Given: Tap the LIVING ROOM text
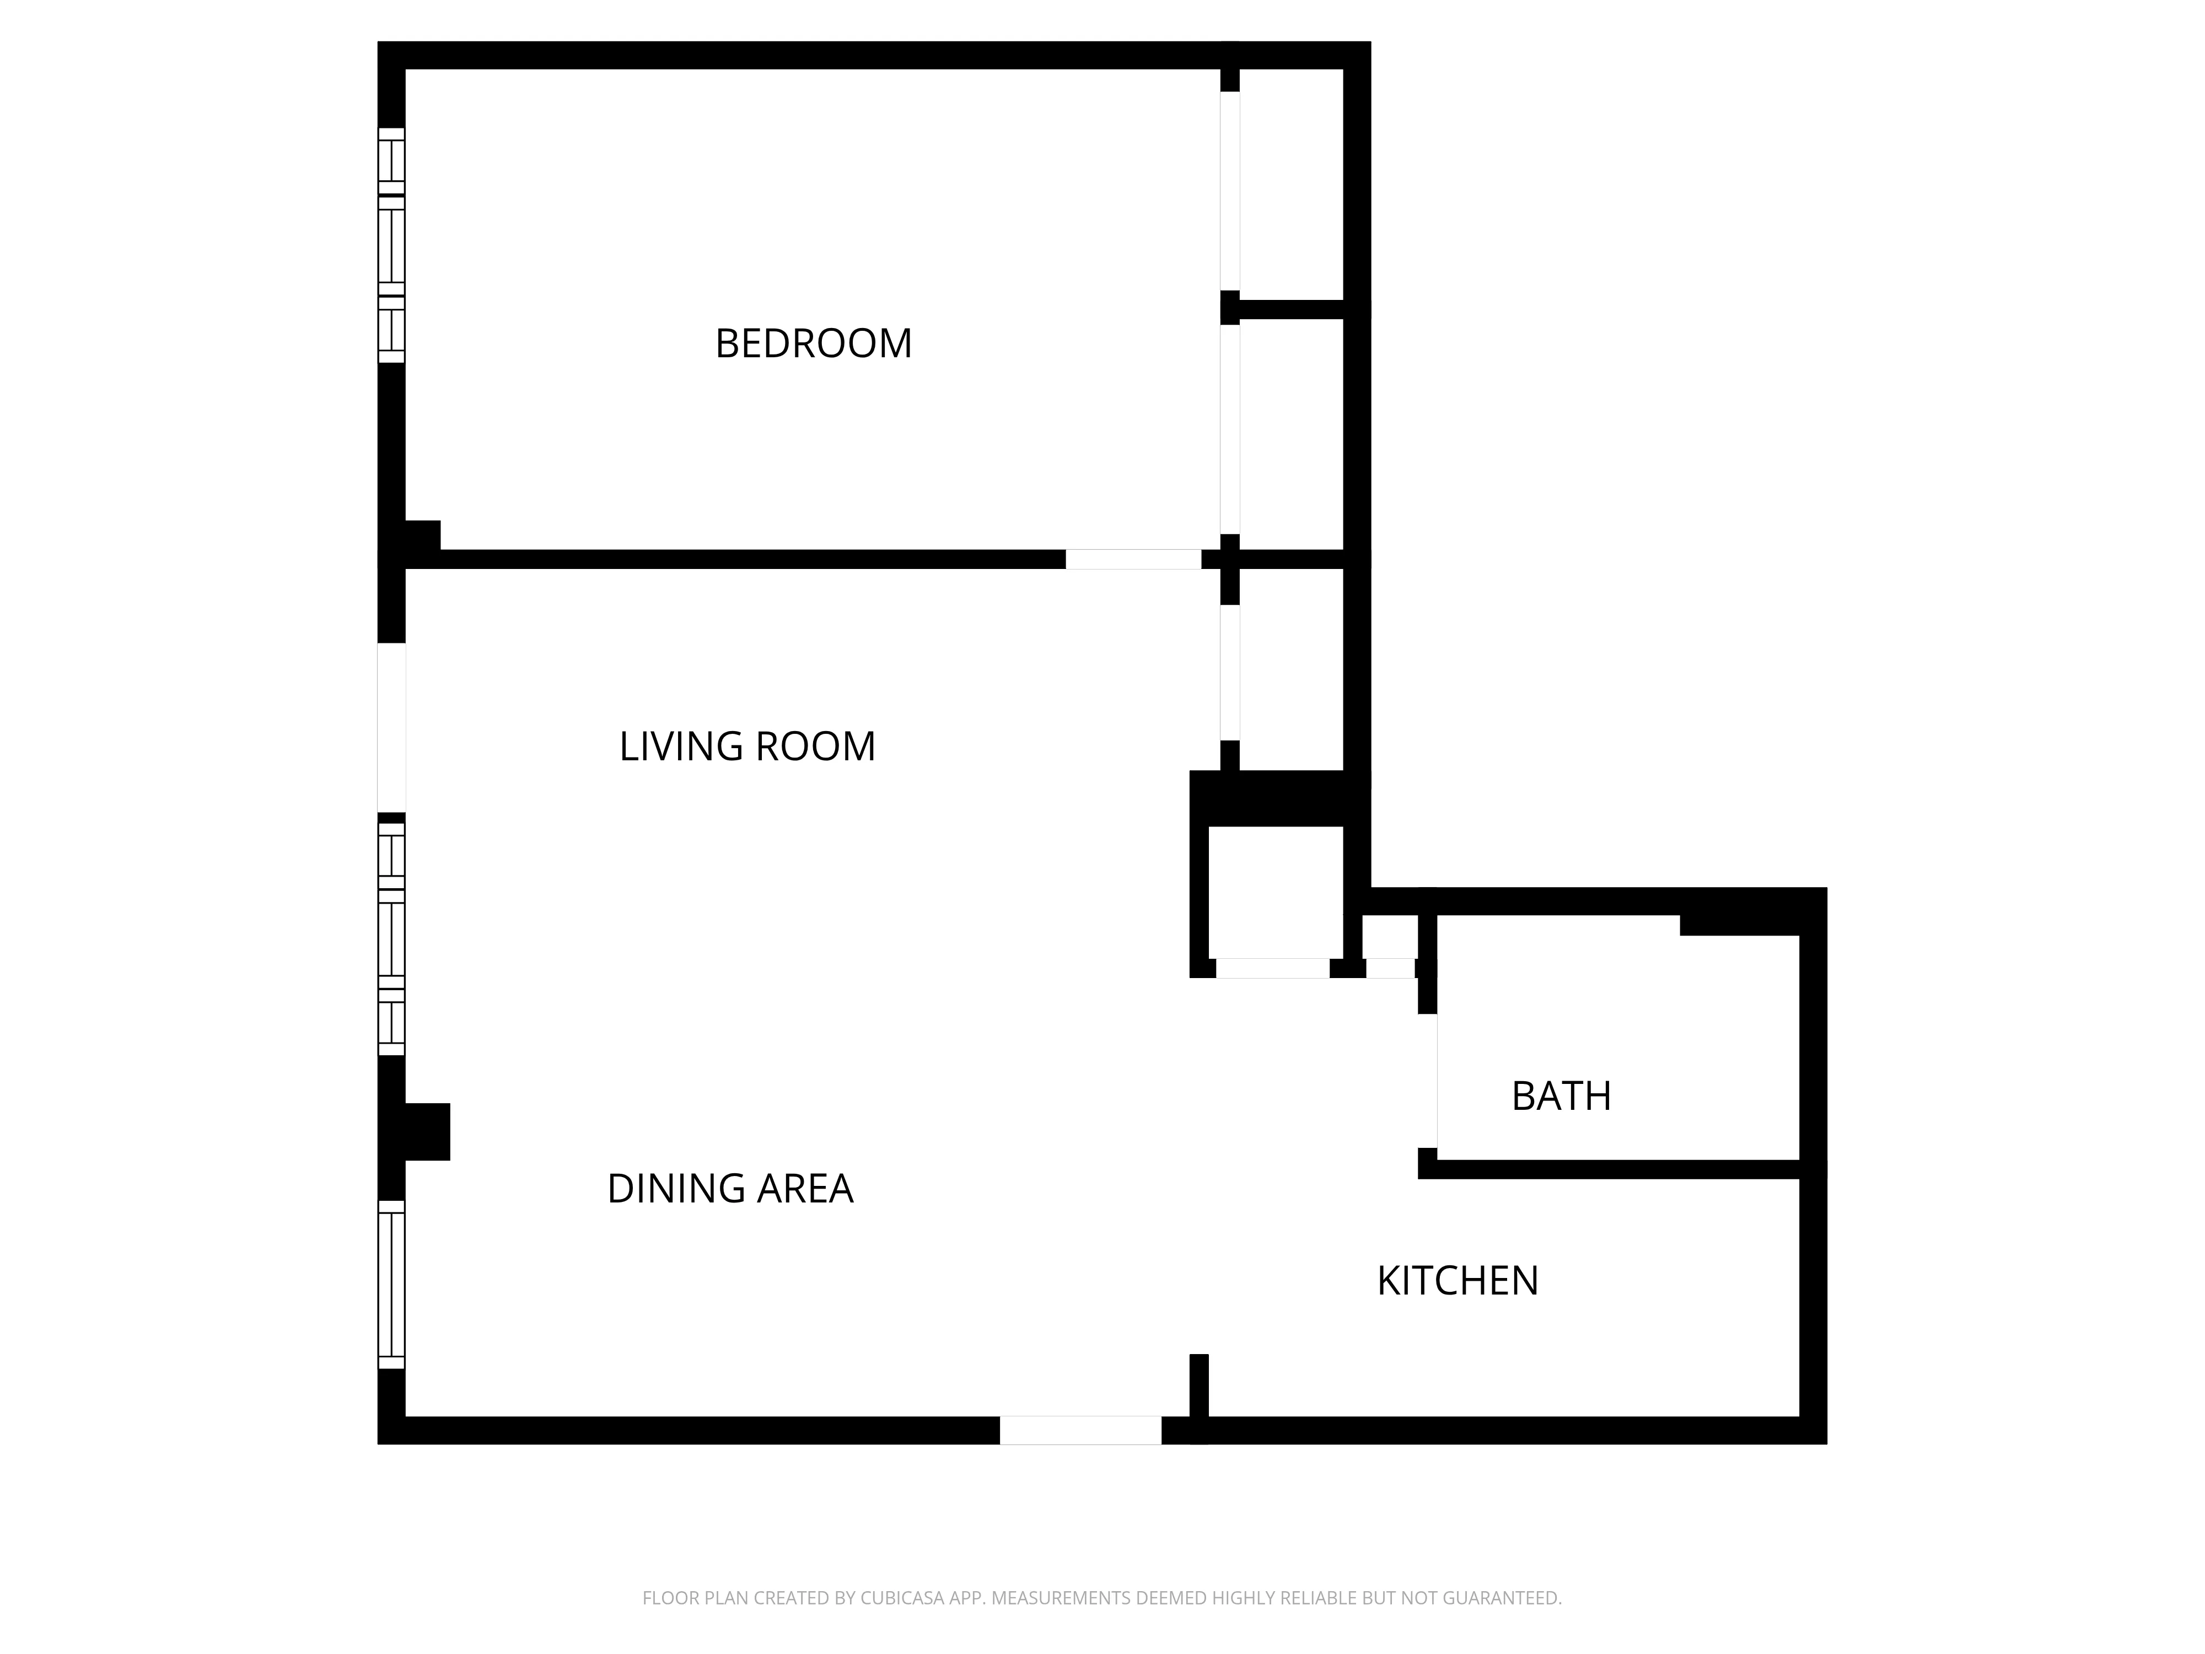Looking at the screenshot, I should click(x=746, y=747).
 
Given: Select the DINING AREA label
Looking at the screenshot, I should click(x=730, y=1189).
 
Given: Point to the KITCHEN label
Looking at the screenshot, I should click(x=1458, y=1281).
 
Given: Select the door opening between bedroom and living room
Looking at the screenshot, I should click(x=1133, y=559).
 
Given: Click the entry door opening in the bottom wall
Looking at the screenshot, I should click(x=1080, y=1430).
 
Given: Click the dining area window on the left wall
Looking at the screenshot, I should click(x=392, y=1284).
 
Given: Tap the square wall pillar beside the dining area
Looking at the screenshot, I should click(x=427, y=1131).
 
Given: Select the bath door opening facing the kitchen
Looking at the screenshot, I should click(x=1428, y=1082).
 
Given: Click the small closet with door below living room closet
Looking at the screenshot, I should click(x=1275, y=892).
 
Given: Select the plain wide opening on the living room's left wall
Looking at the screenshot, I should click(x=392, y=728).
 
